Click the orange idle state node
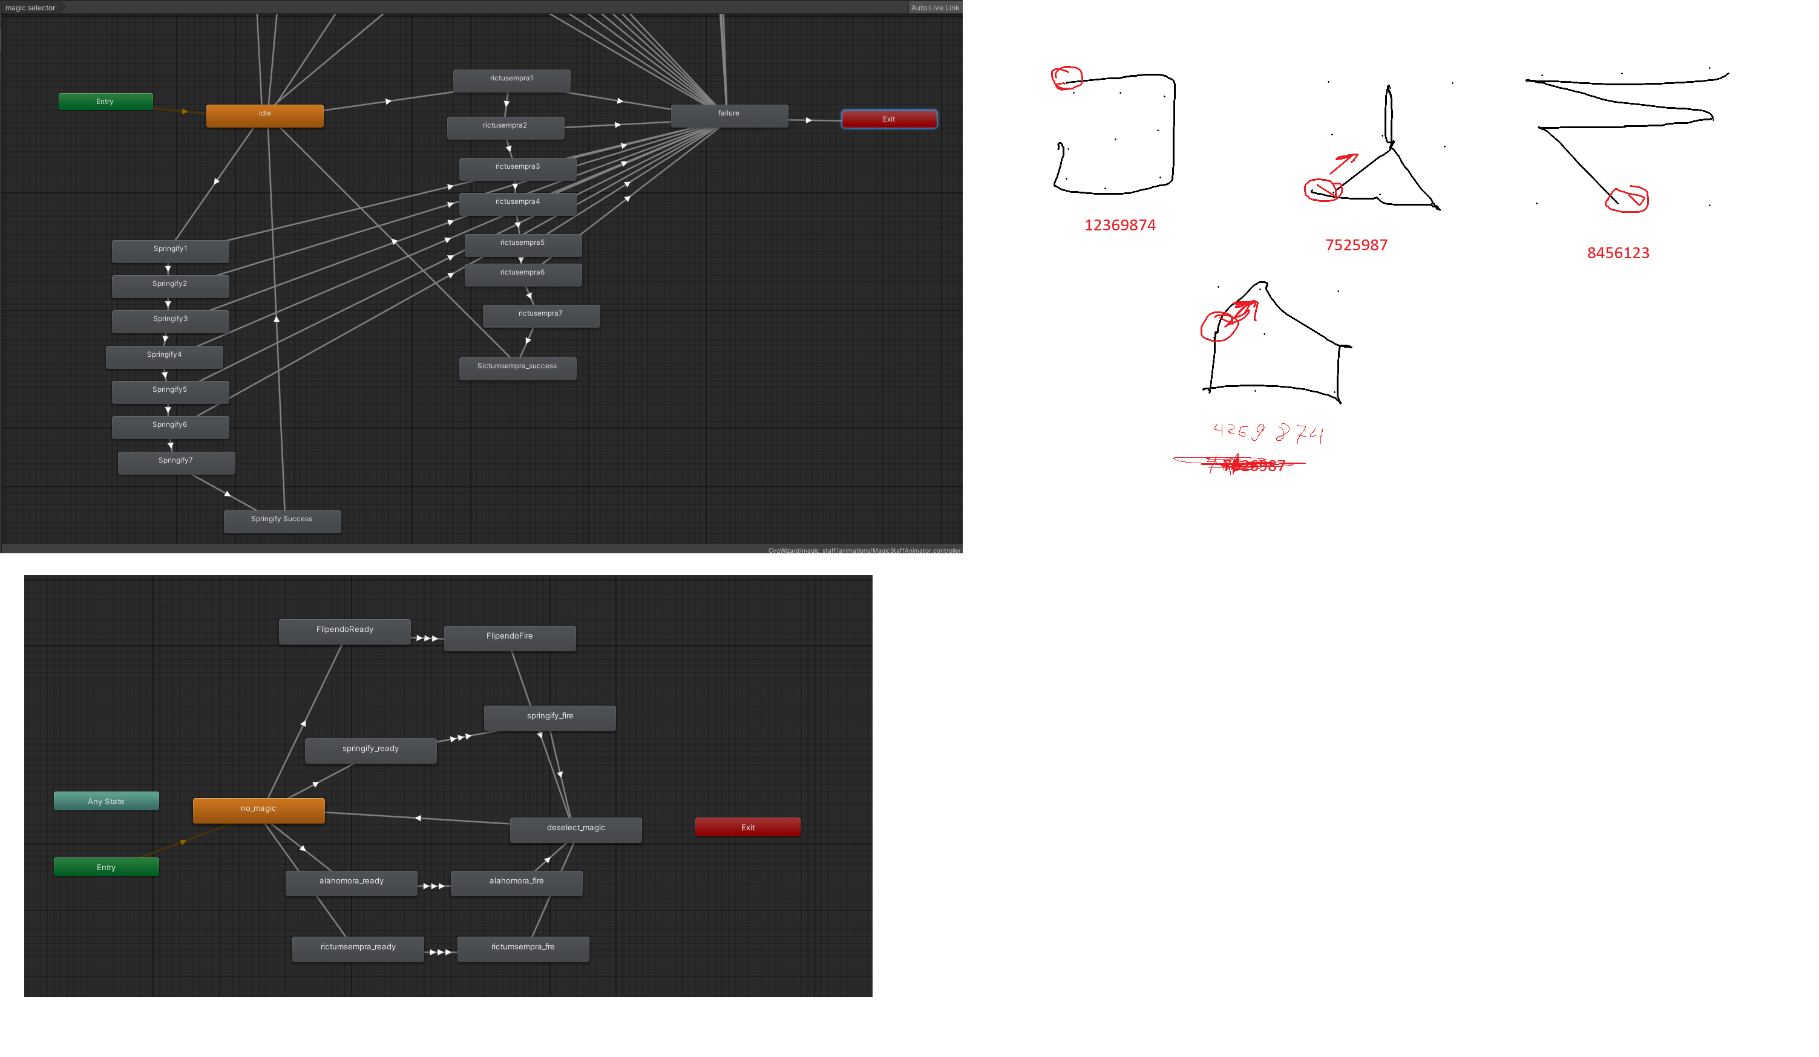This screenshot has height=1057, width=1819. [x=265, y=115]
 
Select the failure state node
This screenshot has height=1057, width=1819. [x=729, y=115]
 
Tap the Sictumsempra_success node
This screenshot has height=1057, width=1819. [x=517, y=368]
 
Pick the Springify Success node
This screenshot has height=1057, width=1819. [x=281, y=521]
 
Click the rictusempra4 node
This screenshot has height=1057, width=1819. [x=517, y=203]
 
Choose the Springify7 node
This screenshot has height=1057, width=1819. [x=176, y=463]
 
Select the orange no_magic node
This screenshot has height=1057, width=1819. [x=258, y=810]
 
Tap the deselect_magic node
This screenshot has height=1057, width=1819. [x=575, y=829]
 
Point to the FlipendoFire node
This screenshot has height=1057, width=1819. [x=510, y=638]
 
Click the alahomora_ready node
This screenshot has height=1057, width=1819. [x=351, y=882]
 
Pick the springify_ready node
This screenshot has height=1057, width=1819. [x=370, y=750]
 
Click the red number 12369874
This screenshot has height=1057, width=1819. [x=1119, y=226]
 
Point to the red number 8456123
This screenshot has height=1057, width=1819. [x=1617, y=253]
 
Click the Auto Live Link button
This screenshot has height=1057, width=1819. [x=934, y=8]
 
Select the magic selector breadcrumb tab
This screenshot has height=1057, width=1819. [x=30, y=8]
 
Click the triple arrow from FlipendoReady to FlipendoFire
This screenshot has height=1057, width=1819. [x=427, y=639]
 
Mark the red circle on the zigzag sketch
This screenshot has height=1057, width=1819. [x=1627, y=199]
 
